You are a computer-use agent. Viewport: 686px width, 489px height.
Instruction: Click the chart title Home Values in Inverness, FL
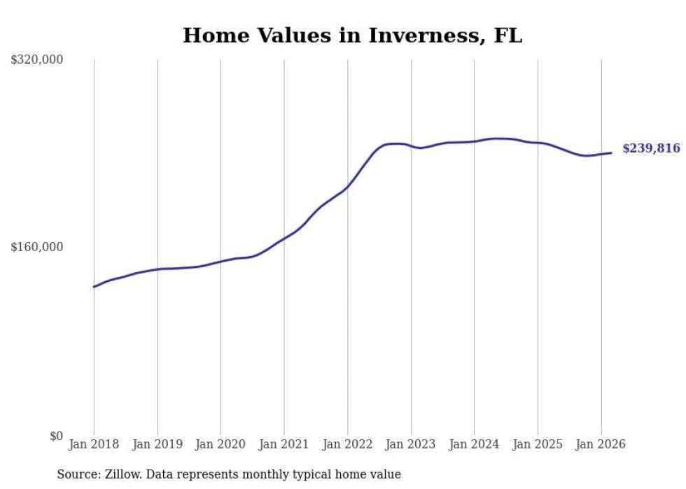[x=352, y=36]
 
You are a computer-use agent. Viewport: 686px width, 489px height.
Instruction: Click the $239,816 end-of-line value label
[x=651, y=148]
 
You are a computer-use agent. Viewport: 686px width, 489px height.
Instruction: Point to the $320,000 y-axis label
[x=37, y=60]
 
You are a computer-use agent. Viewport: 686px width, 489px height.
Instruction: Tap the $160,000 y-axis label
[x=37, y=247]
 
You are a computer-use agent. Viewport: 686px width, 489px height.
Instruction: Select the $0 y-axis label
[x=56, y=436]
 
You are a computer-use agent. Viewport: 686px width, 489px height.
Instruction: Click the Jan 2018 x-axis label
[x=94, y=444]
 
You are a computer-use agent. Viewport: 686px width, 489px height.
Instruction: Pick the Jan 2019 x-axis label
[x=157, y=444]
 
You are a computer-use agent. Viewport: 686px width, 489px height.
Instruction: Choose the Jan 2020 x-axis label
[x=220, y=444]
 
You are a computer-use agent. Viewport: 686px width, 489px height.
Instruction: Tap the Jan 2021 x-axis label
[x=284, y=444]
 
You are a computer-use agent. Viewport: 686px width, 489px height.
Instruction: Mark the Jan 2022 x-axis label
[x=347, y=444]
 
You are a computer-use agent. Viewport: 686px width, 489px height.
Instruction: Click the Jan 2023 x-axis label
[x=411, y=444]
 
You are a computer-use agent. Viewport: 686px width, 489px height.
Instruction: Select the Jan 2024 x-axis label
[x=474, y=444]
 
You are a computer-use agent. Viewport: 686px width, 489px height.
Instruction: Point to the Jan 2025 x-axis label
[x=538, y=444]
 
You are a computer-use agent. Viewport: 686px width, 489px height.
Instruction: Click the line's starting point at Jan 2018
[x=94, y=287]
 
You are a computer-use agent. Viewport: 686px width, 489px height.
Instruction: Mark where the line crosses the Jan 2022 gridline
[x=347, y=187]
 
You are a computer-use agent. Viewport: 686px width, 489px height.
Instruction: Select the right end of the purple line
[x=611, y=153]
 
